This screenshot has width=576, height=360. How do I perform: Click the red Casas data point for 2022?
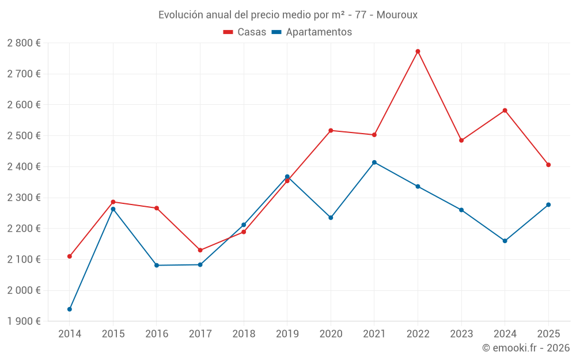(418, 51)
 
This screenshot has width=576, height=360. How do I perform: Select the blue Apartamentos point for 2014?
(70, 309)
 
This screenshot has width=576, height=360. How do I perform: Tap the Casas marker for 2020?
(331, 130)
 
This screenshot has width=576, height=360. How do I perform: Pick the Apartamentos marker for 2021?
(374, 162)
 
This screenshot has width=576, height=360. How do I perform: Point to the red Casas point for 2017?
(200, 250)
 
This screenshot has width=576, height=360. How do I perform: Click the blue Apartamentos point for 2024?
(505, 241)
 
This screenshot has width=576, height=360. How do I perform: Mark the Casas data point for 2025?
(548, 165)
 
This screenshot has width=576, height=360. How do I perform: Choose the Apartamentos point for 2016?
(157, 266)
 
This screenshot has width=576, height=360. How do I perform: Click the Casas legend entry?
(245, 32)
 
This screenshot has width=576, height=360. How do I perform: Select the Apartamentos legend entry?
(312, 32)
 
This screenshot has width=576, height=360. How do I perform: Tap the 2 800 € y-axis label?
(24, 43)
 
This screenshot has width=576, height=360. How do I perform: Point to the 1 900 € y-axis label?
(24, 321)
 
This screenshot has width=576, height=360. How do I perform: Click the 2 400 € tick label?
(24, 167)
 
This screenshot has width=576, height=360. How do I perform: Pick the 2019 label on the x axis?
(287, 334)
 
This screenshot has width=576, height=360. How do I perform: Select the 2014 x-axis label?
(70, 334)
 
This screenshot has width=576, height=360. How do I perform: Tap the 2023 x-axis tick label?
(461, 334)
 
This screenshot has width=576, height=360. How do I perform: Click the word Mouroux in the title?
(397, 15)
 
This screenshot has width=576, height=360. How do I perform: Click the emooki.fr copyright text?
(525, 348)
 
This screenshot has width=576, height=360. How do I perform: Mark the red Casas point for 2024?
(505, 111)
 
